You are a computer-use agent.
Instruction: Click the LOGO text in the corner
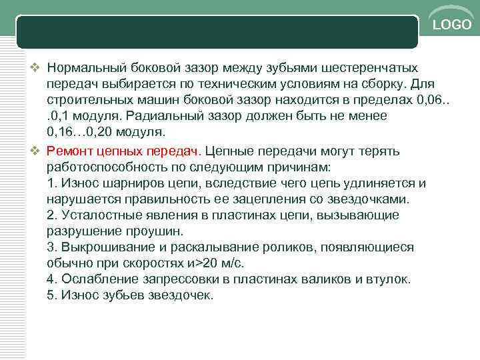(x=452, y=25)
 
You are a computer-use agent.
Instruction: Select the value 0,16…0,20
(x=85, y=132)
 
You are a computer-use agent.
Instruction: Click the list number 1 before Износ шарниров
(x=52, y=183)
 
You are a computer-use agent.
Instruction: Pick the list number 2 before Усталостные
(x=52, y=215)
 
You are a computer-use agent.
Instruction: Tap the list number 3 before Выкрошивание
(x=52, y=247)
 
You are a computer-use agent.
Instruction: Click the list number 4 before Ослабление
(x=52, y=279)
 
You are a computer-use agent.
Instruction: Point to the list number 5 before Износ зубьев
(x=52, y=295)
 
